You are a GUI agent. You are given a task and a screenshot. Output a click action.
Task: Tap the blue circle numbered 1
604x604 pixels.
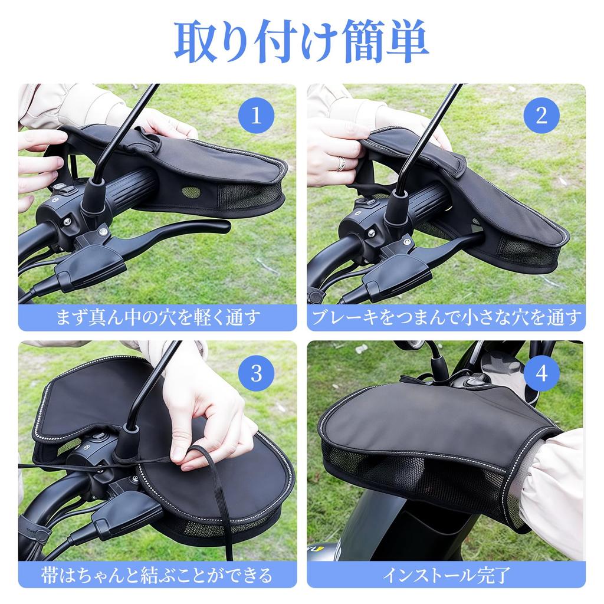click(256, 115)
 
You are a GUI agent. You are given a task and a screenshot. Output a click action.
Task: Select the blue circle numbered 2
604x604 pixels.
click(541, 115)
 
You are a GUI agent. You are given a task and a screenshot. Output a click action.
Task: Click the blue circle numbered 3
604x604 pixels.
click(256, 373)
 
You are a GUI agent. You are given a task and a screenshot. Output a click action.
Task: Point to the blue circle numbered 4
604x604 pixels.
click(541, 373)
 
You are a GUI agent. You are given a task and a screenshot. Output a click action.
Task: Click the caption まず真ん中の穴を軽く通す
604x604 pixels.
click(157, 317)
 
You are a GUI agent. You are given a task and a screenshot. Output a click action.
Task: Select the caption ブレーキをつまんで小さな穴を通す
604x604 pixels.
click(446, 317)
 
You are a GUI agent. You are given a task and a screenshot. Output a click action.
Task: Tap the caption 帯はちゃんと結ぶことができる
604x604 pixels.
click(157, 574)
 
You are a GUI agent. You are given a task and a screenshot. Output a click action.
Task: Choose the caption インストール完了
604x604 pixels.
click(446, 574)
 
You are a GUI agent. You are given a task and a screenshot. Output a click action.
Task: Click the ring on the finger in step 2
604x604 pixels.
click(341, 163)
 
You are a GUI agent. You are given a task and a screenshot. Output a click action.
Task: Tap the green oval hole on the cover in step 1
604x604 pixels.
click(191, 192)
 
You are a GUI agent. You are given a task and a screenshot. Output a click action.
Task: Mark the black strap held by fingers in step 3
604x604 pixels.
click(203, 454)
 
